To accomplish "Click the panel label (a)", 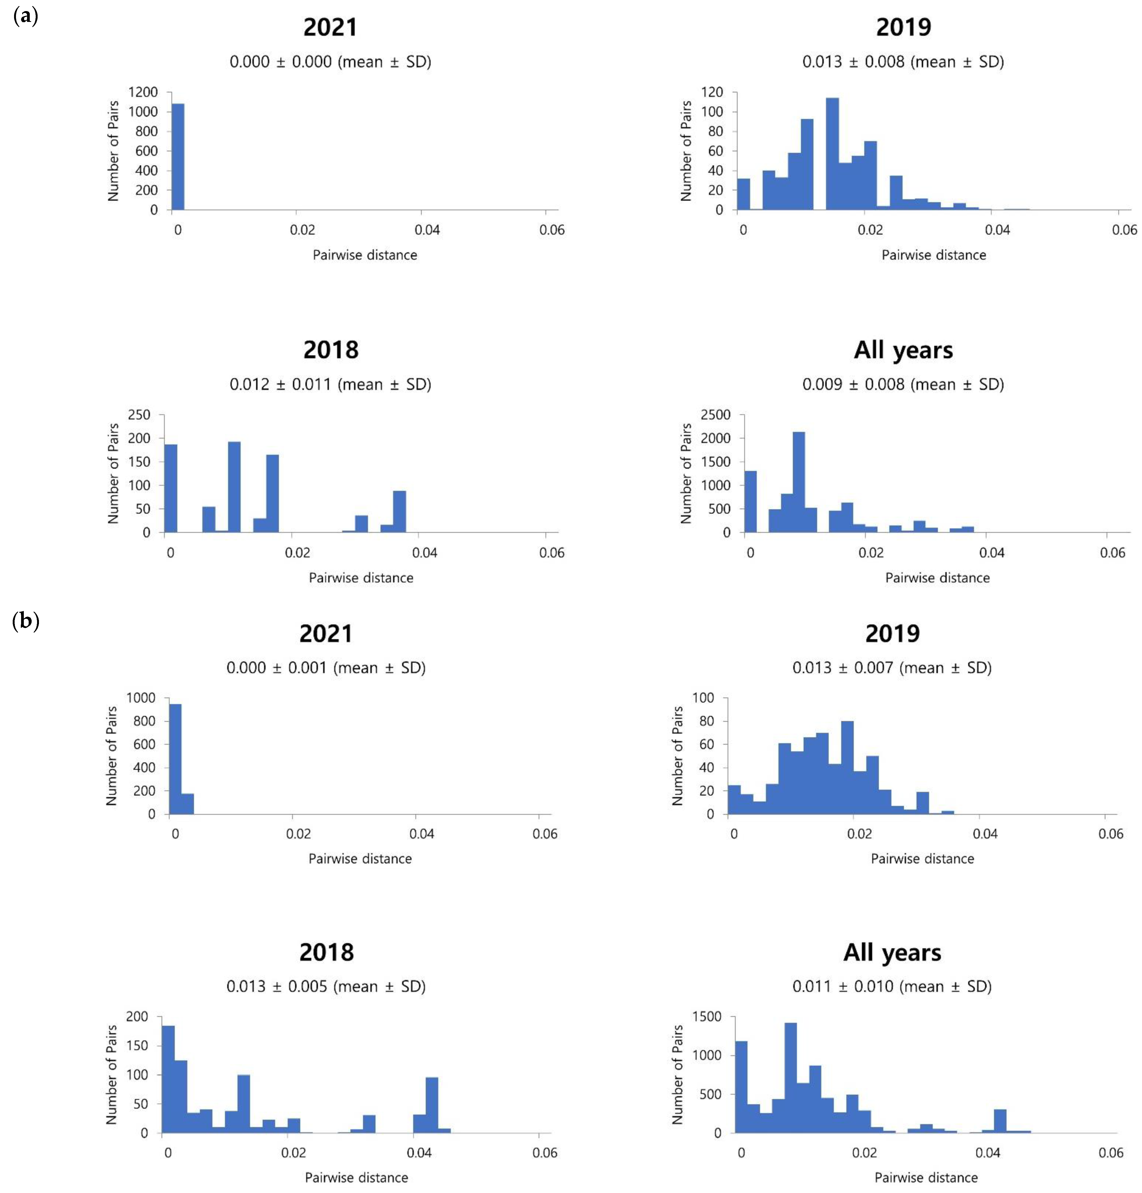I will point(26,16).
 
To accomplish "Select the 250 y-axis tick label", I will point(139,415).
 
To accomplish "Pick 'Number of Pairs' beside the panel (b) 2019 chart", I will point(677,755).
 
